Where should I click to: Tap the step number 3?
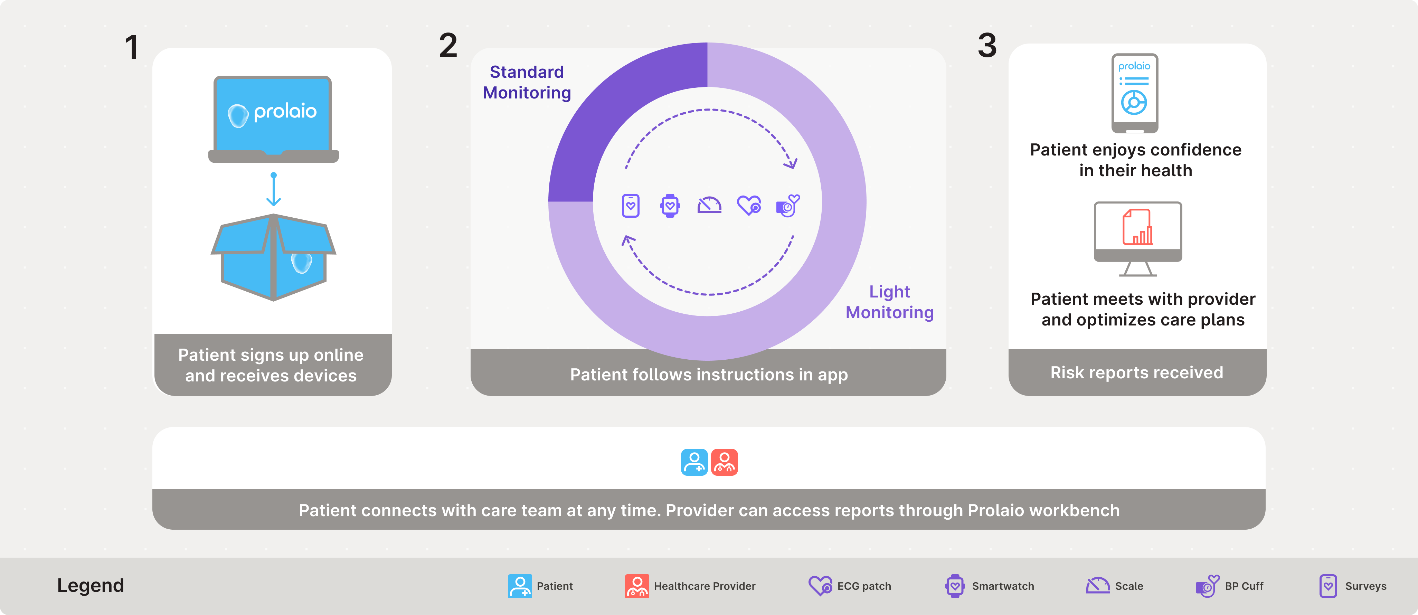pyautogui.click(x=987, y=45)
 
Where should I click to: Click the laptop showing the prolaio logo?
pyautogui.click(x=273, y=119)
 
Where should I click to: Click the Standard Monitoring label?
pyautogui.click(x=527, y=82)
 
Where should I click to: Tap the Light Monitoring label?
pyautogui.click(x=890, y=302)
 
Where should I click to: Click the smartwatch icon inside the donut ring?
pyautogui.click(x=670, y=206)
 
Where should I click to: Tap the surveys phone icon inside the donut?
pyautogui.click(x=631, y=206)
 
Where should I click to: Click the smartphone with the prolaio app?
pyautogui.click(x=1135, y=93)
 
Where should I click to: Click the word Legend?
pyautogui.click(x=91, y=585)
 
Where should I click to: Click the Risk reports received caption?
pyautogui.click(x=1137, y=373)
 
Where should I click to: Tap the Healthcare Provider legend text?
pyautogui.click(x=705, y=586)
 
